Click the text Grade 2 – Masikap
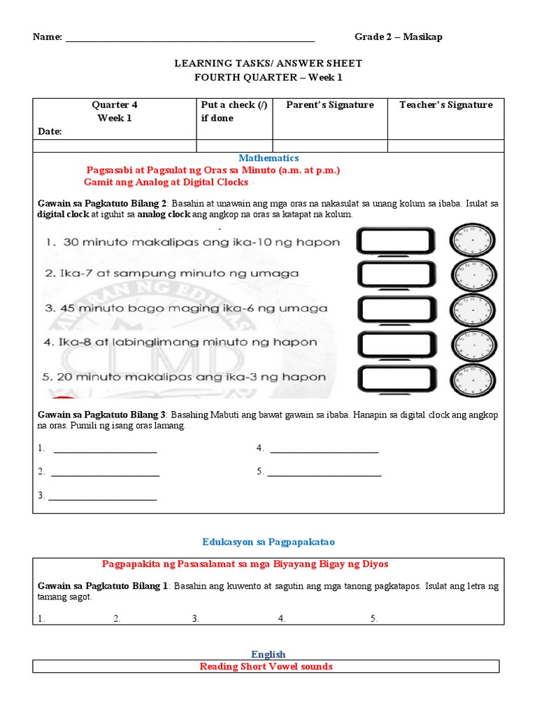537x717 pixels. (x=398, y=37)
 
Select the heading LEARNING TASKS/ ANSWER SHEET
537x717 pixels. (x=268, y=64)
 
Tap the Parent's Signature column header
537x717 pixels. (x=330, y=105)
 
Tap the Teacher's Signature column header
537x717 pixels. (x=445, y=105)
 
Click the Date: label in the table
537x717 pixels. (x=50, y=131)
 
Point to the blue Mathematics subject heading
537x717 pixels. (x=268, y=158)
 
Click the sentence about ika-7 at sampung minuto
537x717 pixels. (x=170, y=274)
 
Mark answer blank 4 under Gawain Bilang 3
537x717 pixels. (x=324, y=450)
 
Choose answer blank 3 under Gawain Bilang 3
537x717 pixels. (x=102, y=496)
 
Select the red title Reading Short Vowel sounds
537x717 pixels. (x=266, y=667)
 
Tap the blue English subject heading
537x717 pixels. (x=268, y=655)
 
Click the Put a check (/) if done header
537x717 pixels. (x=234, y=111)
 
